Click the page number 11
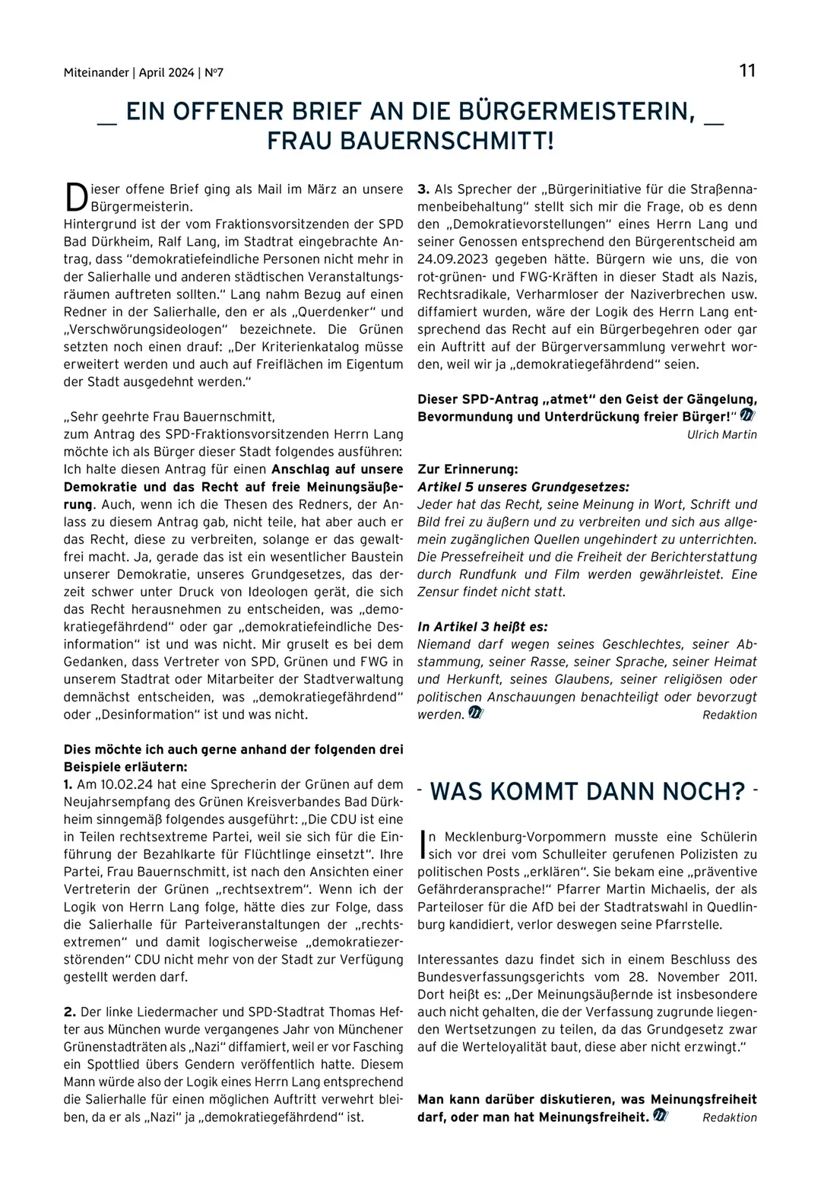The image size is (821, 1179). [747, 71]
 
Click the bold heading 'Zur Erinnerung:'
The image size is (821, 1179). [468, 469]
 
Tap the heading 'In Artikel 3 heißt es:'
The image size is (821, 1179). [483, 627]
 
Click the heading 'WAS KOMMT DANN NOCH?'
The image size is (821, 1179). [587, 791]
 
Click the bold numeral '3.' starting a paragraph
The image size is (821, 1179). [423, 189]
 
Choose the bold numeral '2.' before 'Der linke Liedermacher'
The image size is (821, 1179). [70, 1012]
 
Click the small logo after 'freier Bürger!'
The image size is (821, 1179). [747, 416]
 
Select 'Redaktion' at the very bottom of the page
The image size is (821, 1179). [730, 1117]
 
